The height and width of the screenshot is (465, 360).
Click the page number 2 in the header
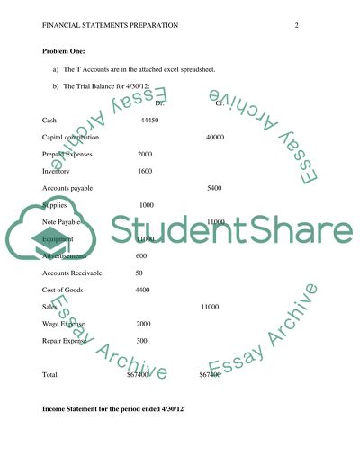296,25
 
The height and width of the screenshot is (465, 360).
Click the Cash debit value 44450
150,120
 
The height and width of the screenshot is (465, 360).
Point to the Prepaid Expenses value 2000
144,154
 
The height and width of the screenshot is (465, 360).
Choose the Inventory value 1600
144,171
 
